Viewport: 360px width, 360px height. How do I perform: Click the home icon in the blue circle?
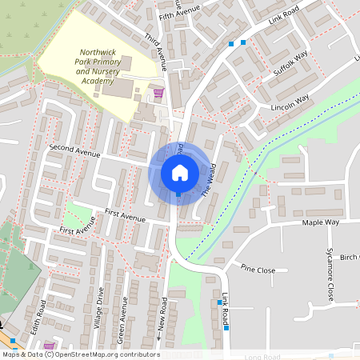(x=179, y=173)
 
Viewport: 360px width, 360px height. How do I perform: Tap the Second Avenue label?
(x=74, y=150)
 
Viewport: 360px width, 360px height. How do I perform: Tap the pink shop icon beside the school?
(x=158, y=93)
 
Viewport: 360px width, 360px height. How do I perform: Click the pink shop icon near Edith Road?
(x=49, y=346)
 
